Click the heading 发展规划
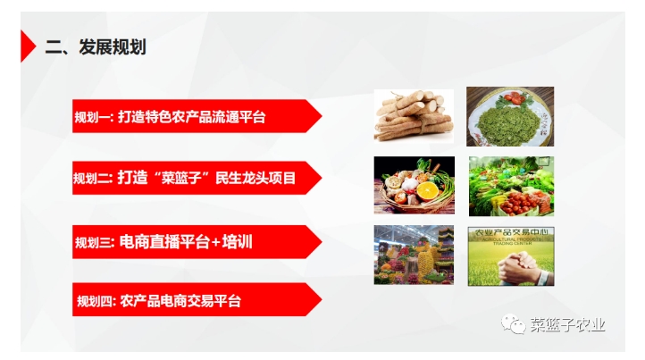pos(112,47)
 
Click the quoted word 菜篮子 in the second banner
pos(175,179)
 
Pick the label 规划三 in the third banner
pos(93,241)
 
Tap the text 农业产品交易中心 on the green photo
pos(511,237)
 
